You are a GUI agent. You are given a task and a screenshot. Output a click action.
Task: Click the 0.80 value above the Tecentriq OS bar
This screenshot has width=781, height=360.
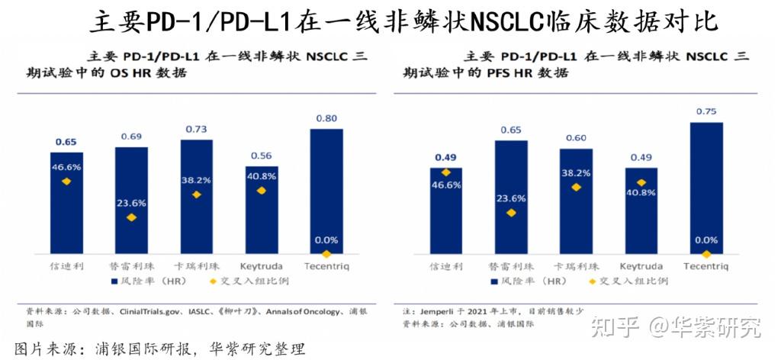tap(326, 118)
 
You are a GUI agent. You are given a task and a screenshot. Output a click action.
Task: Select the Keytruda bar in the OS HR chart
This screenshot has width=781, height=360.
tap(262, 210)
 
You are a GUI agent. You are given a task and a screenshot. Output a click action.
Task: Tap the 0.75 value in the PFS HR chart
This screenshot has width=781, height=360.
tap(707, 111)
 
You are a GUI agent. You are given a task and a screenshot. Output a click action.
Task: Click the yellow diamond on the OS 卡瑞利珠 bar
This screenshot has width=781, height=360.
tap(196, 195)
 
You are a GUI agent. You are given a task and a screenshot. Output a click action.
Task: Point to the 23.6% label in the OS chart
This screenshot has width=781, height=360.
tap(131, 203)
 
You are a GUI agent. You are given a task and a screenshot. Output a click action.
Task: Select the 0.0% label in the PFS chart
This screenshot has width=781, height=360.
tap(707, 240)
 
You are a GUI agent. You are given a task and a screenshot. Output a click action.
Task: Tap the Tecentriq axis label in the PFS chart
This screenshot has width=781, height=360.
tap(707, 266)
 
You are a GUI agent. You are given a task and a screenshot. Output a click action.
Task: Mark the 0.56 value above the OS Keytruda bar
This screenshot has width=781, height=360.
tap(262, 156)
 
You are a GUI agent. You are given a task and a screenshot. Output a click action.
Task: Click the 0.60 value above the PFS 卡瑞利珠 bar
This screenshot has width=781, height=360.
tap(576, 138)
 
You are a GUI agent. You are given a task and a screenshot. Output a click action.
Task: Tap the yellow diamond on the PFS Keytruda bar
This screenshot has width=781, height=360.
tap(641, 183)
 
